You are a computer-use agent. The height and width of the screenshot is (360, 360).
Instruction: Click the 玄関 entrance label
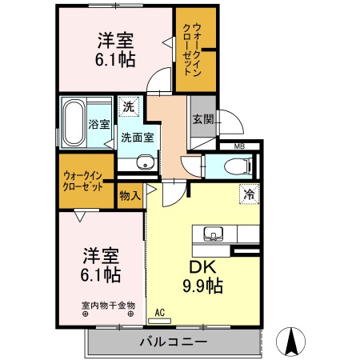202,120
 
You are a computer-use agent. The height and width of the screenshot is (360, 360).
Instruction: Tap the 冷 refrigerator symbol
249,193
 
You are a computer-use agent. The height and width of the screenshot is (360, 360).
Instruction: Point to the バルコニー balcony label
174,342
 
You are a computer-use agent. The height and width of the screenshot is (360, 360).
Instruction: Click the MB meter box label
239,146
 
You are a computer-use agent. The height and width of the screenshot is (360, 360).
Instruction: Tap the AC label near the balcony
159,312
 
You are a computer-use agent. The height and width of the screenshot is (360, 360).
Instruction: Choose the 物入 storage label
130,194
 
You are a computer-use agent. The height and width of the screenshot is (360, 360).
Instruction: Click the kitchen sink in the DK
212,234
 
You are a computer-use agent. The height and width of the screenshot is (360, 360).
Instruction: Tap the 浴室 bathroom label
98,125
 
